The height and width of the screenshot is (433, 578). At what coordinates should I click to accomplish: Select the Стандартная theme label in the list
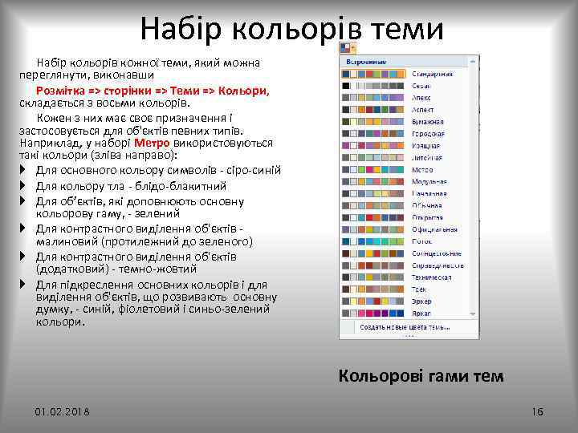point(432,74)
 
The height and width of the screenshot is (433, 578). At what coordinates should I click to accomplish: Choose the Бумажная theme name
point(427,122)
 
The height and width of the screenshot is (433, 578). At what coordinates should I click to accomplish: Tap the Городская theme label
point(428,134)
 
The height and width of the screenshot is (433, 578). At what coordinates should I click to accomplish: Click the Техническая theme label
point(431,277)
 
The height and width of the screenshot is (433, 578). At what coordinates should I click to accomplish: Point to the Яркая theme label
point(421,313)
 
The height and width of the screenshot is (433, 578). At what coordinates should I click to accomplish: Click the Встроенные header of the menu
point(365,61)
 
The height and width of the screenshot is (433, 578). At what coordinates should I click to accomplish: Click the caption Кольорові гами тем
point(421,375)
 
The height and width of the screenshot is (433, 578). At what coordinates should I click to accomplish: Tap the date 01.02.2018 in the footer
point(63,411)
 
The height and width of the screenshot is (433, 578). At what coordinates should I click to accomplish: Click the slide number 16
point(537,411)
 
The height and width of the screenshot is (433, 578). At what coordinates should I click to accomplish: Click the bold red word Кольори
point(246,91)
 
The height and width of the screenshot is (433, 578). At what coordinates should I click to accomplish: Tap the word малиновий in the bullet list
point(64,241)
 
